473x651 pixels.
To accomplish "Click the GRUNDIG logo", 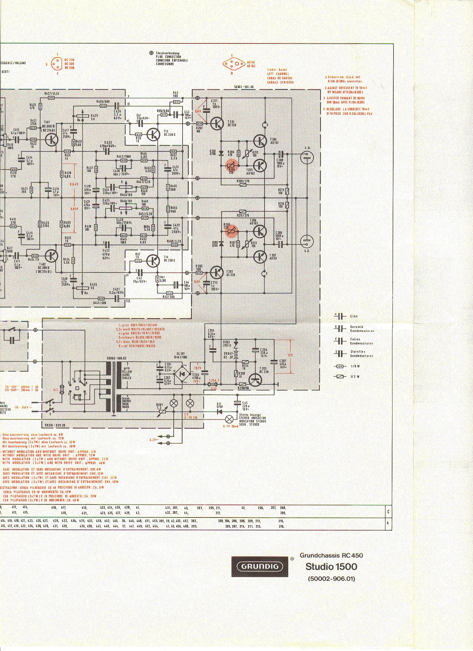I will (x=260, y=566).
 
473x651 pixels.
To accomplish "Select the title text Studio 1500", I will (x=331, y=566).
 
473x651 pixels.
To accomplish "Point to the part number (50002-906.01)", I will (x=331, y=578).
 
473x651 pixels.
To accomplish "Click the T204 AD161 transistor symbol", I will (x=260, y=141).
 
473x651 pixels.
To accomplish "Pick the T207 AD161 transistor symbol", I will (x=260, y=256).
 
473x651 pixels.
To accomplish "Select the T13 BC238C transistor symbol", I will (x=153, y=135).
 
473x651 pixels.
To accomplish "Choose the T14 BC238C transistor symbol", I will (x=152, y=261).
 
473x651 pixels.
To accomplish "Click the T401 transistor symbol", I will (x=52, y=139).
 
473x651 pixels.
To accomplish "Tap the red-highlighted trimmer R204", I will (x=231, y=165).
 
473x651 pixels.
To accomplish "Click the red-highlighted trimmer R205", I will (x=231, y=231).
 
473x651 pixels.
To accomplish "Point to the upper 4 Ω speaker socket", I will (x=307, y=158).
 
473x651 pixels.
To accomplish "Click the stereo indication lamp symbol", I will (x=230, y=419).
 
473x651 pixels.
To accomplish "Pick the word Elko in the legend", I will (x=354, y=316).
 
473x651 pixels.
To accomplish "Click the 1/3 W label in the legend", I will (x=355, y=377).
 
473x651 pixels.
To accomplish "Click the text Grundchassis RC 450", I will (x=331, y=555).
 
